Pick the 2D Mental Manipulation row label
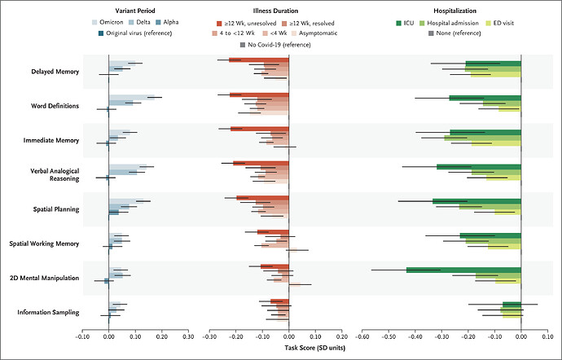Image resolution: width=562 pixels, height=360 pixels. click(43, 278)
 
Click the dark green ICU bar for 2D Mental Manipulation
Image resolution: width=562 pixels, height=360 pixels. click(463, 270)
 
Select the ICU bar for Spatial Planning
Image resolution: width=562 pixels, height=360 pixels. click(476, 200)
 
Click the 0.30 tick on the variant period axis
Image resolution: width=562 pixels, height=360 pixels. click(188, 335)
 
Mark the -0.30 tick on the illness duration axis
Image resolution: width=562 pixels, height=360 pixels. click(209, 335)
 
